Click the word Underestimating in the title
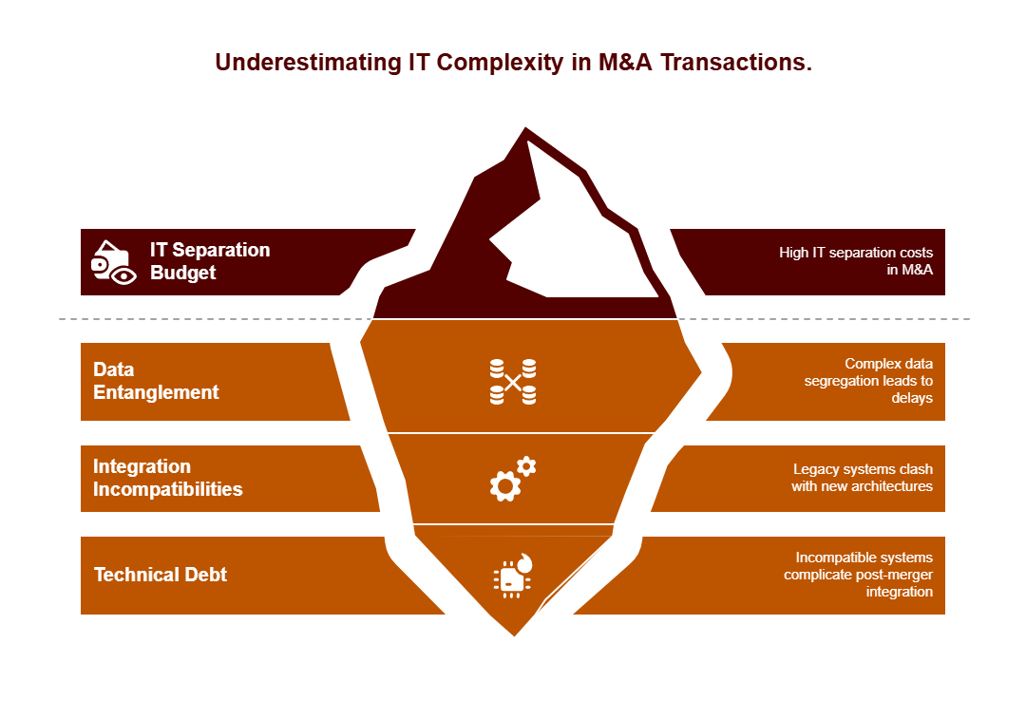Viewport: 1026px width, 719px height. [308, 63]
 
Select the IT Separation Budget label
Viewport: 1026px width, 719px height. [210, 261]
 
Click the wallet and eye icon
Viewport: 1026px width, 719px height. [113, 262]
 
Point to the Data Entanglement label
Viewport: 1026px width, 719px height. [156, 381]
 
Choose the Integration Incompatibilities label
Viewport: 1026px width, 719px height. [167, 478]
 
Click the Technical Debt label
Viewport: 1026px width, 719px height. [161, 575]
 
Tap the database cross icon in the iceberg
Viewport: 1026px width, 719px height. [513, 382]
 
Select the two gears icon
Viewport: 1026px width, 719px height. [513, 479]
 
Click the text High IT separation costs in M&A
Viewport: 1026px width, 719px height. [856, 261]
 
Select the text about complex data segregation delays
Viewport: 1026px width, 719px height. [868, 381]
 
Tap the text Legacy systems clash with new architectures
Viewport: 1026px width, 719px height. [862, 478]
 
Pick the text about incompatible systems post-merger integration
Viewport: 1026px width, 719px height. [858, 575]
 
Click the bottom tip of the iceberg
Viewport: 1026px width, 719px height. [514, 635]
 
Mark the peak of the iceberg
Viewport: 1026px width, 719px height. [525, 128]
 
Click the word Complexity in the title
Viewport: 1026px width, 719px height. [500, 63]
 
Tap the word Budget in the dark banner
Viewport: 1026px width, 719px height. [183, 273]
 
